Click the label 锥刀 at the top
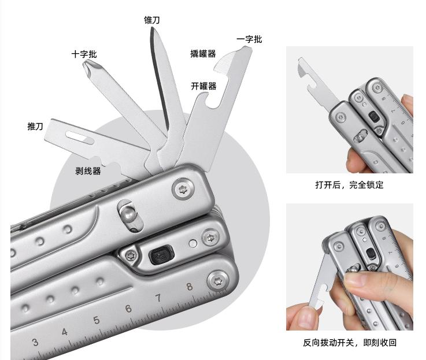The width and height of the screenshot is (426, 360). [x=152, y=20]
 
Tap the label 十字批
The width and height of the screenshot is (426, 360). [x=84, y=54]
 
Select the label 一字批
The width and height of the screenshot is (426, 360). [x=249, y=39]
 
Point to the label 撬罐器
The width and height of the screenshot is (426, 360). [x=203, y=54]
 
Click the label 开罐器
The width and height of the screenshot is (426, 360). [x=204, y=86]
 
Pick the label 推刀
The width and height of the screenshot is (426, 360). [x=35, y=127]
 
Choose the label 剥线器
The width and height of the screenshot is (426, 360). [x=88, y=171]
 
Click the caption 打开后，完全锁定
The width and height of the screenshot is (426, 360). [x=349, y=185]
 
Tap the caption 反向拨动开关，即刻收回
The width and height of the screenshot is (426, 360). [x=350, y=343]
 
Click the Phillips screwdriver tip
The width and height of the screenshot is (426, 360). [x=88, y=66]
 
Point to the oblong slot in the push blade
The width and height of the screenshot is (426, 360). [x=80, y=137]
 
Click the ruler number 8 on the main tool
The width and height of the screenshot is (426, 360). [x=190, y=287]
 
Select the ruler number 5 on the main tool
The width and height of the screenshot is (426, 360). [x=96, y=320]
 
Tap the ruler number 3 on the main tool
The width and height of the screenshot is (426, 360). [x=35, y=342]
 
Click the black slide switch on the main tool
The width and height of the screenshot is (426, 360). [x=161, y=254]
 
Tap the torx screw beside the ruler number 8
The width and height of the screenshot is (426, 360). [x=218, y=281]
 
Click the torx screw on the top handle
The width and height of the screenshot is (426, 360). [x=183, y=188]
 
